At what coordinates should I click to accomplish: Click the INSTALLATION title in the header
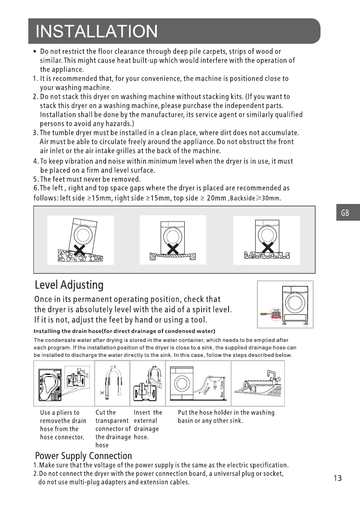tap(97, 31)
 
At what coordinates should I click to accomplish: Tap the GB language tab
tap(345, 213)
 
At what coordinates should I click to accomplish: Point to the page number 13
tap(337, 478)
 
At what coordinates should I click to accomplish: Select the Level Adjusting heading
tap(69, 285)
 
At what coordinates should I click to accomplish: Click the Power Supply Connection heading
tap(83, 456)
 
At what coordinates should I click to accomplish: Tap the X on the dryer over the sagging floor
tap(173, 249)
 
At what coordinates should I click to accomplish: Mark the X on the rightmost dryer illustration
tap(268, 248)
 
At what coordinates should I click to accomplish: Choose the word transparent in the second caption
tap(112, 421)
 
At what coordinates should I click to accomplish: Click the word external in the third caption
tap(146, 421)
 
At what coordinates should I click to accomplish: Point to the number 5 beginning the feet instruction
tap(35, 179)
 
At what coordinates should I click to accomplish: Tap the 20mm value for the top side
tap(217, 198)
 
